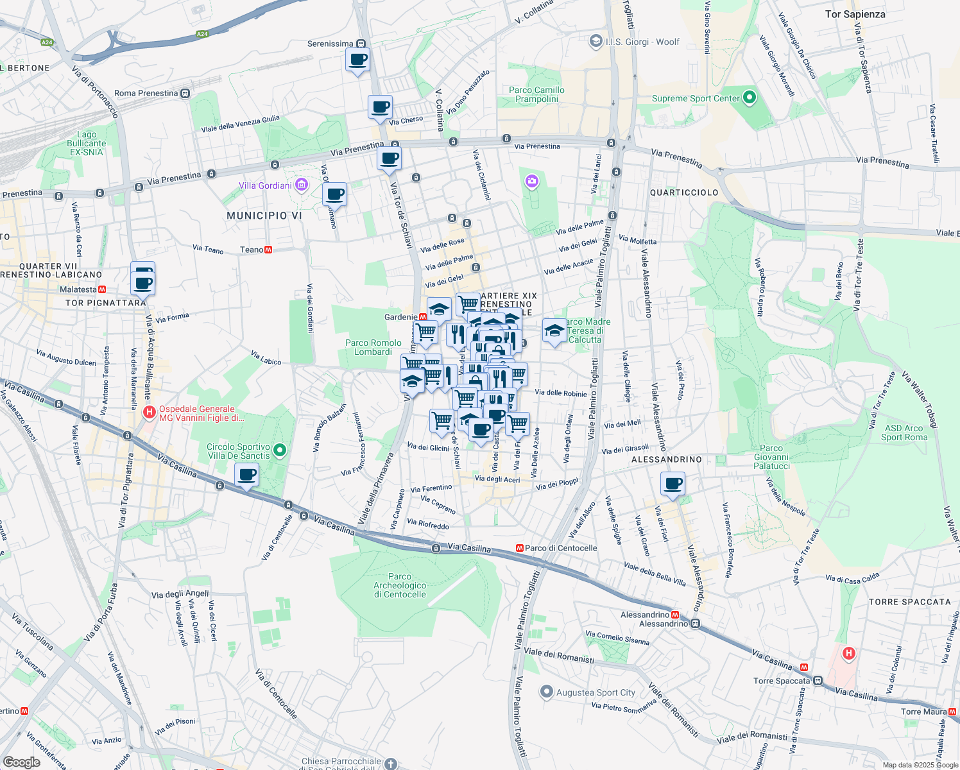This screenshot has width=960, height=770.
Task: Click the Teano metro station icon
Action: pyautogui.click(x=268, y=250)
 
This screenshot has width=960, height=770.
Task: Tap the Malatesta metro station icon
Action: pyautogui.click(x=102, y=289)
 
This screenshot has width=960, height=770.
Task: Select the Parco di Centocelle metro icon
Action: pyautogui.click(x=520, y=548)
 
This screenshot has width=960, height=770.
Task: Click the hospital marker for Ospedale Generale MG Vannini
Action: pyautogui.click(x=150, y=413)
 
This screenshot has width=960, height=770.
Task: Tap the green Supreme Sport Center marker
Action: pyautogui.click(x=749, y=98)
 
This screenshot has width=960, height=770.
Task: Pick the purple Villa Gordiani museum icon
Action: pyautogui.click(x=302, y=185)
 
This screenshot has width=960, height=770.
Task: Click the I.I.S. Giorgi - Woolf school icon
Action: pyautogui.click(x=596, y=41)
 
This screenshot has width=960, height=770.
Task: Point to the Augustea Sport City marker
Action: pyautogui.click(x=546, y=692)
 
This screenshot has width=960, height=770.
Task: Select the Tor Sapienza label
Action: pyautogui.click(x=855, y=14)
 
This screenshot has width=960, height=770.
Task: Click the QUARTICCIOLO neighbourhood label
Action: pyautogui.click(x=684, y=193)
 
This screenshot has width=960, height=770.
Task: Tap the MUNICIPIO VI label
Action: pyautogui.click(x=264, y=216)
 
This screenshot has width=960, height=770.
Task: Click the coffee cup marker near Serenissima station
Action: pyautogui.click(x=357, y=60)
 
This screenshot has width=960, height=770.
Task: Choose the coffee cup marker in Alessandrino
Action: pyautogui.click(x=673, y=484)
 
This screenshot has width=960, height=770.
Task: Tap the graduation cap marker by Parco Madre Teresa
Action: pyautogui.click(x=554, y=331)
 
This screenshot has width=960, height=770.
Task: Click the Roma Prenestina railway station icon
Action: pyautogui.click(x=185, y=93)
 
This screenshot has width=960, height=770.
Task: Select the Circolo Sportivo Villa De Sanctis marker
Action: pyautogui.click(x=279, y=450)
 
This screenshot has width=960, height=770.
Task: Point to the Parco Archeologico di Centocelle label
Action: pyautogui.click(x=400, y=585)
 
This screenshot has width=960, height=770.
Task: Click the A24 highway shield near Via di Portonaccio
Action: pyautogui.click(x=47, y=42)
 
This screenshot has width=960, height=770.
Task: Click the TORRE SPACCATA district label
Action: pyautogui.click(x=909, y=602)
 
